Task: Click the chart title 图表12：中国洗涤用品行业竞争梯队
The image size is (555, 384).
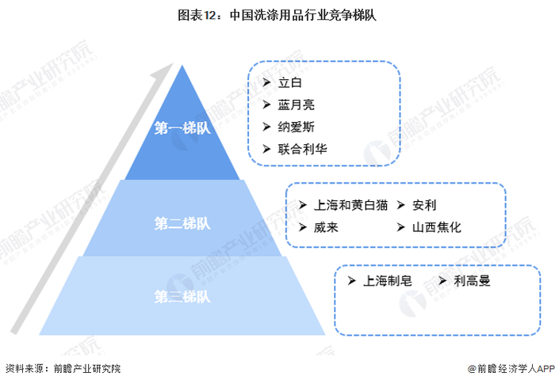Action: pos(277,15)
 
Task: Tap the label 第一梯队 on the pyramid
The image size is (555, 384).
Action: pos(183,130)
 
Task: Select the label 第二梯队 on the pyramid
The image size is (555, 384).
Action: pos(182,224)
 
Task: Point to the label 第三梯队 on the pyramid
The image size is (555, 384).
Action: pos(182,297)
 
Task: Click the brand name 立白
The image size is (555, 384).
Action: pos(291,82)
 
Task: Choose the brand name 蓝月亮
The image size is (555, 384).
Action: pos(297,105)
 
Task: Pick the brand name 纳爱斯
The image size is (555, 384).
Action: pos(297,127)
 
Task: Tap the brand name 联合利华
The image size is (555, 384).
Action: pos(302,149)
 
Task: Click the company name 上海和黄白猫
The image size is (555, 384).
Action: pos(351,205)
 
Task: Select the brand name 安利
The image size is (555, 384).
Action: pos(424,205)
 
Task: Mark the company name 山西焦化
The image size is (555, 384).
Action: pos(436,227)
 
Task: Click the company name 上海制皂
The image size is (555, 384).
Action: pos(388,280)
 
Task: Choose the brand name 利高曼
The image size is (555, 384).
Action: pos(473,280)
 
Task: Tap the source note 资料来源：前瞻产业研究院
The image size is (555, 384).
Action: pos(63,369)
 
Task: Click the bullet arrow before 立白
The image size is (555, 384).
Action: pos(266,82)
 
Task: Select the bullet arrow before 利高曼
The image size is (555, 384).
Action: pos(442,280)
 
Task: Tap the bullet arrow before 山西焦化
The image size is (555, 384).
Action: pos(400,227)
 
